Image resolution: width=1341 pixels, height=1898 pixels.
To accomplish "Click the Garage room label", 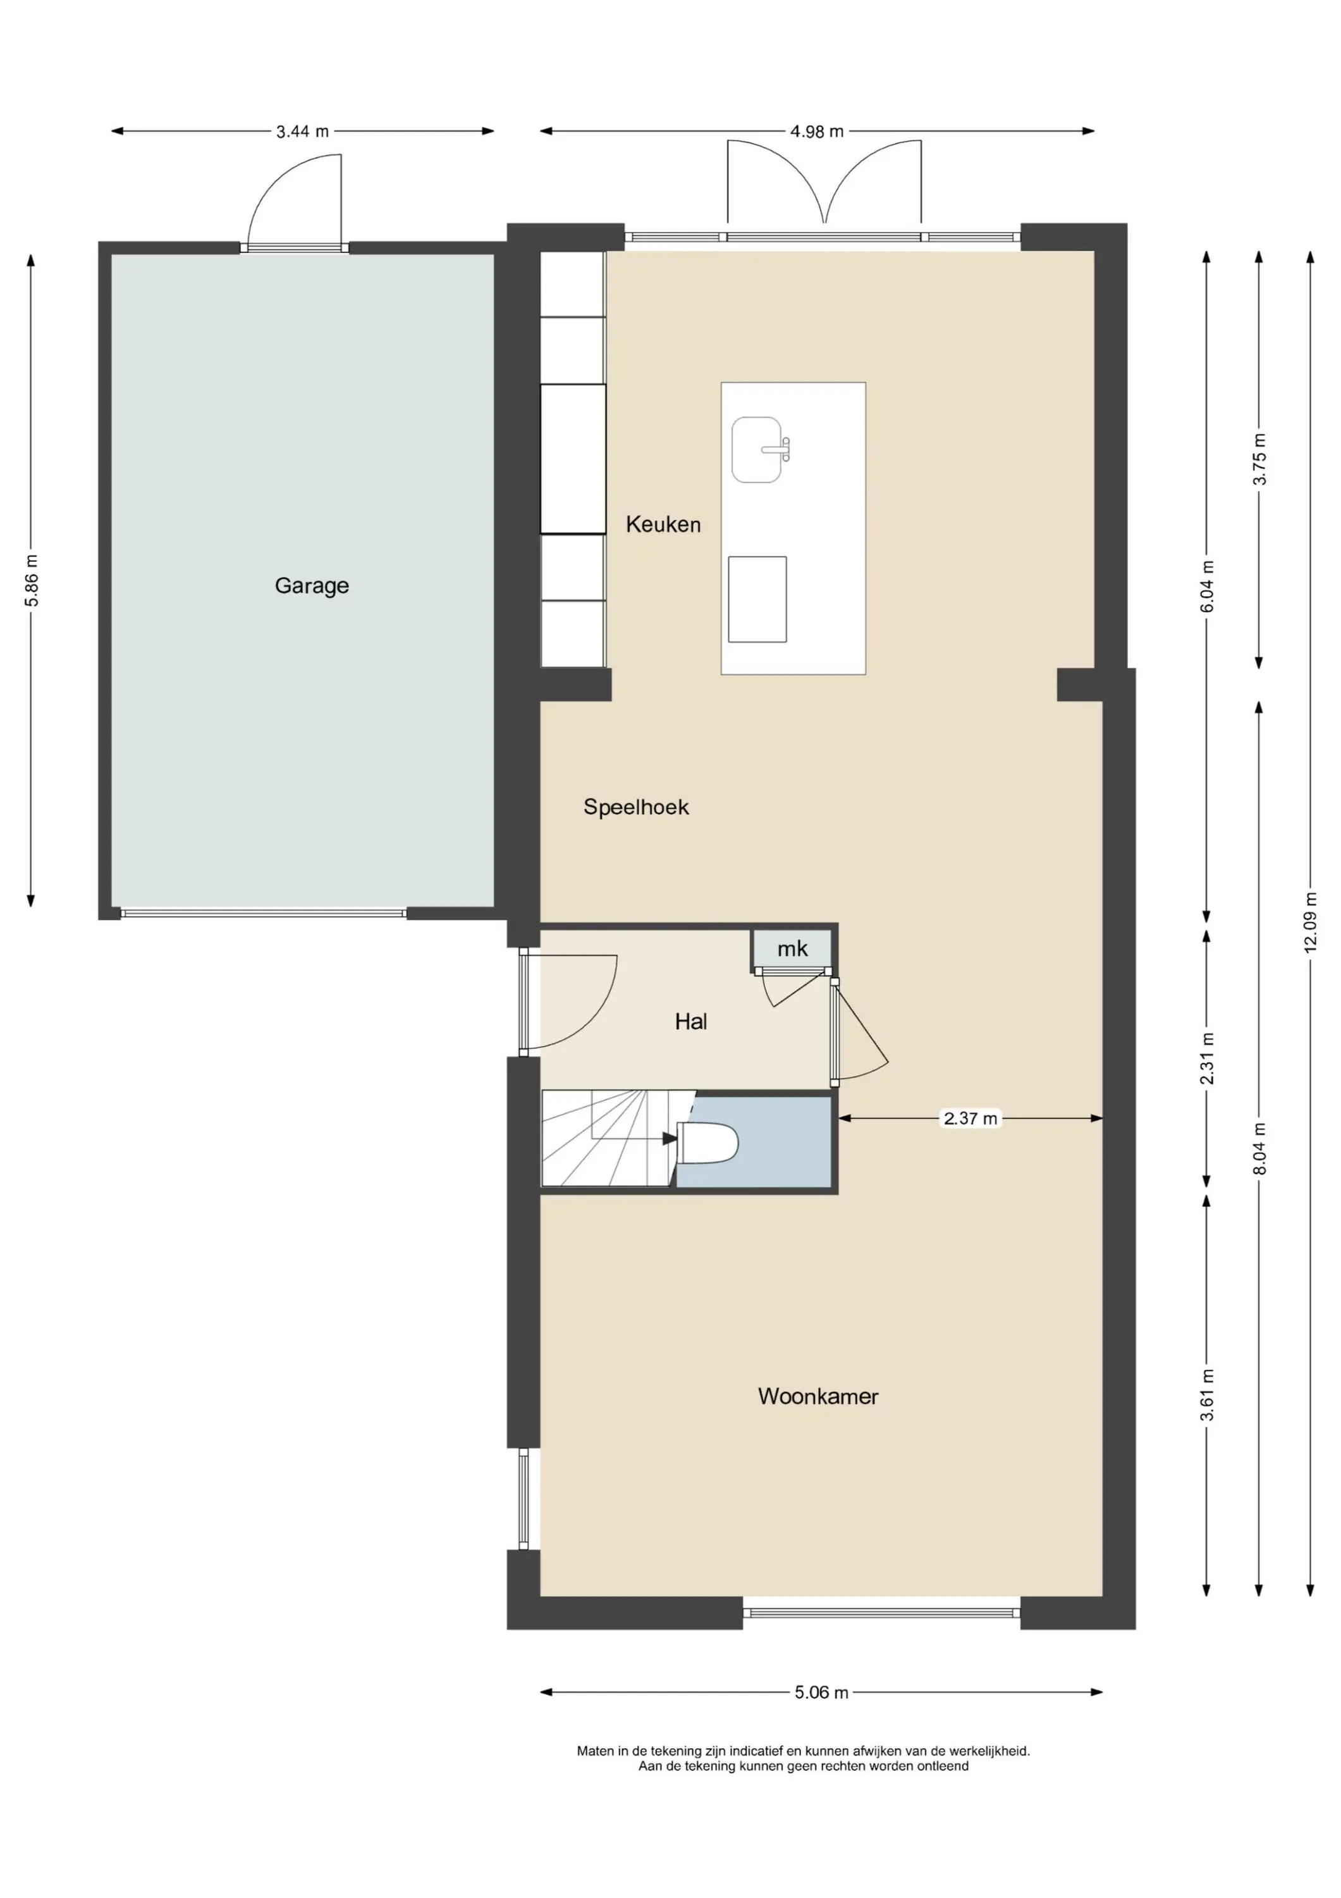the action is [312, 586].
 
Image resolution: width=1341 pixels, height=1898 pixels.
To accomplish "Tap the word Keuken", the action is [663, 524].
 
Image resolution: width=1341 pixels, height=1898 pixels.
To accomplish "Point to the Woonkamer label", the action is [818, 1396].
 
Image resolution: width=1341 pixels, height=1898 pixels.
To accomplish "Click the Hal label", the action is [691, 1022].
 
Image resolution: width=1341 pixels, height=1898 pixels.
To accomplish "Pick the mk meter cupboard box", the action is [792, 949].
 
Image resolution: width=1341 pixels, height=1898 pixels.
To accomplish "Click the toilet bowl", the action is [707, 1143].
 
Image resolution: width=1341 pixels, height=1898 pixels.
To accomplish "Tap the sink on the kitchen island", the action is [757, 450].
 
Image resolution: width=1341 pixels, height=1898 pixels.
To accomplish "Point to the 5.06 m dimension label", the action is [821, 1692].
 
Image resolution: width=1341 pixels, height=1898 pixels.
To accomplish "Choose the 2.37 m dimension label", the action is [971, 1119].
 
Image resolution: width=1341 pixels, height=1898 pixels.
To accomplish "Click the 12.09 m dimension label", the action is [1311, 922].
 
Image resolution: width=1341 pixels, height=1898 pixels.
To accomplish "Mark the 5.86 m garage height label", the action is [32, 580].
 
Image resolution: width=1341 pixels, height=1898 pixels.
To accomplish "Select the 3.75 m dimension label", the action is [1259, 459].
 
